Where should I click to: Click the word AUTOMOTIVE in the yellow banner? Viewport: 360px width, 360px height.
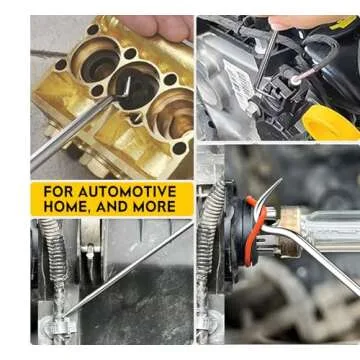coord(130,192)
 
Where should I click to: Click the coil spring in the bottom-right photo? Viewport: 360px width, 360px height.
coord(213,240)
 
